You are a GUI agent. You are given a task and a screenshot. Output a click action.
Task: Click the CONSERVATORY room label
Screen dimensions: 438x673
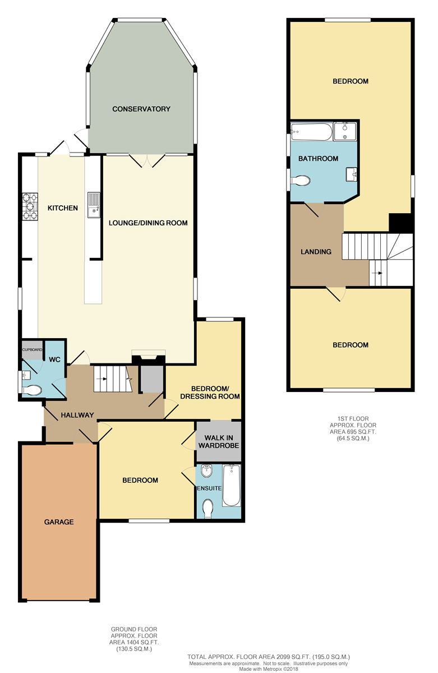point(141,109)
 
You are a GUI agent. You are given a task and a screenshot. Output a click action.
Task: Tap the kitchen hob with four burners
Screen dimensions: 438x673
point(30,206)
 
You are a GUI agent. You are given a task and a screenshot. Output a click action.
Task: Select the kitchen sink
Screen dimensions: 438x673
point(94,205)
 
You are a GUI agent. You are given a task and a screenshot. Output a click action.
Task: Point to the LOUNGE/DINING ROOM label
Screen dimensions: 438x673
point(148,223)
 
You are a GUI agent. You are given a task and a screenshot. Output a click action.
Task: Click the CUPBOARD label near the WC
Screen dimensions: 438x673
point(32,350)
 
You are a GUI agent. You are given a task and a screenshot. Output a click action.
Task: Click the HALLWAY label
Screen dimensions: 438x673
point(77,415)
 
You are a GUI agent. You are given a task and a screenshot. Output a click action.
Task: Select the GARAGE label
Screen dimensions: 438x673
point(59,522)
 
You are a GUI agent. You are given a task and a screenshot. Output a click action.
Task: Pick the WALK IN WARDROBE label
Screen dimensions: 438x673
point(219,442)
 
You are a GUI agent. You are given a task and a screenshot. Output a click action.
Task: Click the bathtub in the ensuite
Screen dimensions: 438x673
point(231,485)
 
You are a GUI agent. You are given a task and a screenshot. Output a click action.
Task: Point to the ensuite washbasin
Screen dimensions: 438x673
point(207,471)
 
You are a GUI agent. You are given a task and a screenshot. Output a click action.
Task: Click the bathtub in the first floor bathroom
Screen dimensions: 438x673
point(311,132)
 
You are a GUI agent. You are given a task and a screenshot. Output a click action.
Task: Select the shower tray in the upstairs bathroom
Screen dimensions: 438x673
point(345,131)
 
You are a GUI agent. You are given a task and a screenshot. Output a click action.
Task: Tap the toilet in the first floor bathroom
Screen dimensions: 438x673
point(301,181)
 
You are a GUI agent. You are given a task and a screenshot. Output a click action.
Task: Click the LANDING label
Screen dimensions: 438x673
point(316,251)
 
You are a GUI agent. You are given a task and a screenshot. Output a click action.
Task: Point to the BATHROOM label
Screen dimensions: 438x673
point(318,158)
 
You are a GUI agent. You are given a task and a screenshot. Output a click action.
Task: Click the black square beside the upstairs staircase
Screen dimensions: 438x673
point(400,223)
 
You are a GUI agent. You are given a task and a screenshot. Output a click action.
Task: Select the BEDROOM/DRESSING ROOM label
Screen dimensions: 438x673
point(210,393)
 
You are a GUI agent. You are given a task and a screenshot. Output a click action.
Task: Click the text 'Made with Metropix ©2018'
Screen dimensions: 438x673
point(269,669)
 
